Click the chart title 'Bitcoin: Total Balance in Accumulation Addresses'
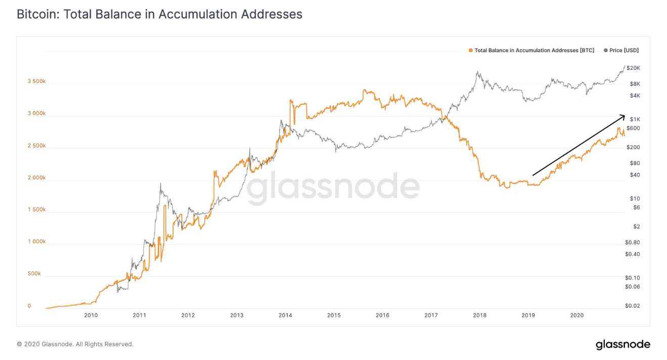(x=159, y=14)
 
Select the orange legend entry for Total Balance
(x=531, y=50)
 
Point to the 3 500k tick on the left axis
(x=36, y=81)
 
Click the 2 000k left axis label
(x=36, y=178)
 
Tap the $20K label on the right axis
(x=633, y=68)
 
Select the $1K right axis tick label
(x=632, y=119)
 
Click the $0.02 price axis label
(x=632, y=306)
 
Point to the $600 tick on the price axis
(x=633, y=128)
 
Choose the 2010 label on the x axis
(x=91, y=316)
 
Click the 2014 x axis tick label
(x=285, y=316)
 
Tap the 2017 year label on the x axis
(x=431, y=316)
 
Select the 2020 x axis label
(x=576, y=316)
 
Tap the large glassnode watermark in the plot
(x=334, y=188)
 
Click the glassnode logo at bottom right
(x=622, y=345)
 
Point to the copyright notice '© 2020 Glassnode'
(x=75, y=344)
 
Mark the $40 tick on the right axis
(x=632, y=175)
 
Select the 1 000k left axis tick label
(x=36, y=242)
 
